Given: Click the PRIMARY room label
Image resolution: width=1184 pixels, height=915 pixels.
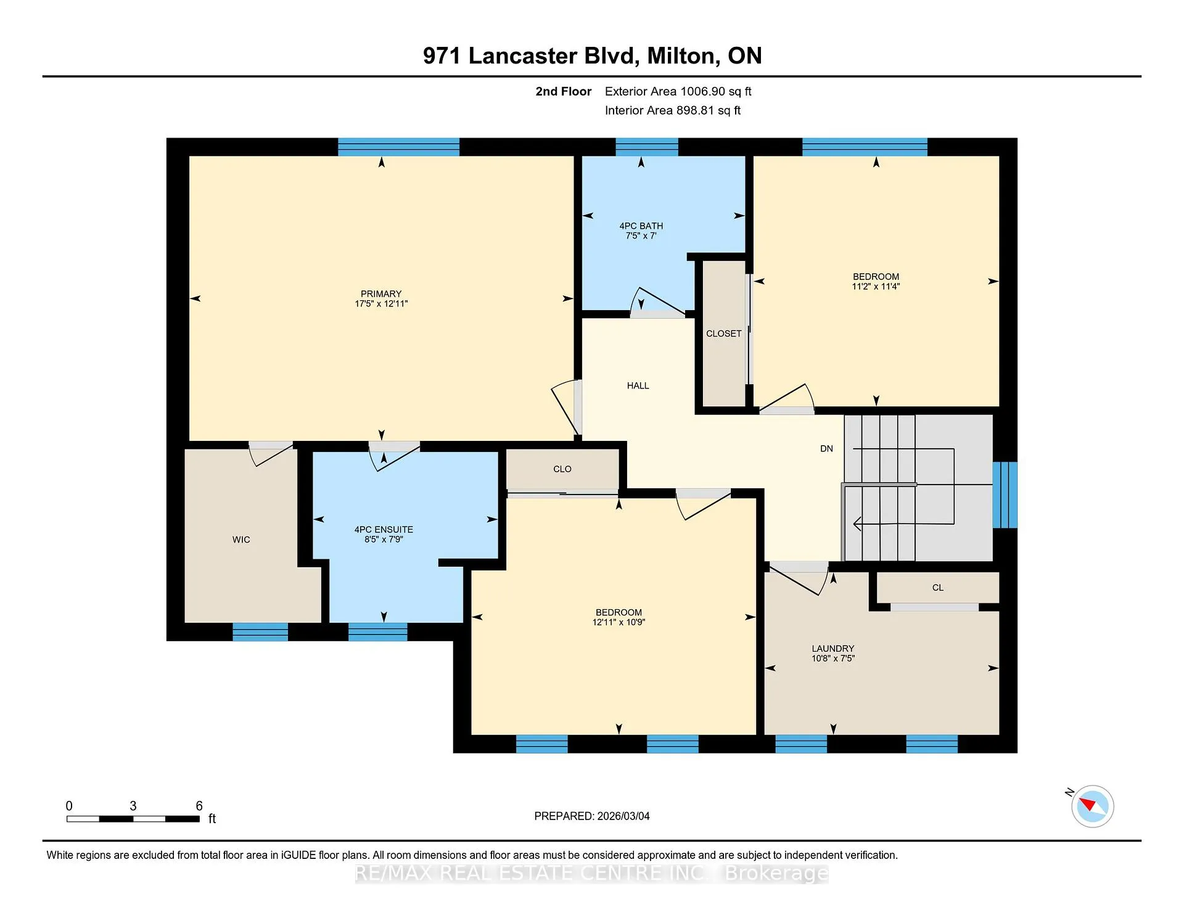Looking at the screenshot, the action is (x=381, y=294).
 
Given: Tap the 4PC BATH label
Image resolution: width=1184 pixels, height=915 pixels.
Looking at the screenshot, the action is (x=641, y=226).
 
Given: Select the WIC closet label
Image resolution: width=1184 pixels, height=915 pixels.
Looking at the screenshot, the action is (x=241, y=540).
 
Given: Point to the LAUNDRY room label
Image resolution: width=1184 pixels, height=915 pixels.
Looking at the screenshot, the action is (x=833, y=649).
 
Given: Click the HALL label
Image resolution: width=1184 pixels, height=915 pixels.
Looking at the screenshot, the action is (x=638, y=386).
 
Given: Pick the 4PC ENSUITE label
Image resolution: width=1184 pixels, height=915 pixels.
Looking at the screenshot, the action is (x=384, y=530).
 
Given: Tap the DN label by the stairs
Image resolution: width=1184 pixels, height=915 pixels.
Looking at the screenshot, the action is (x=827, y=449).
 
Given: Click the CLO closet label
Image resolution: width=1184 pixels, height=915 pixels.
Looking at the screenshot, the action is (x=562, y=469).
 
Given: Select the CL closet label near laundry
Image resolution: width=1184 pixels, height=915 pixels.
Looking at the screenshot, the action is (x=938, y=588).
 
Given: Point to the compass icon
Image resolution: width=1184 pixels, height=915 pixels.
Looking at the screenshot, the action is (x=1093, y=806).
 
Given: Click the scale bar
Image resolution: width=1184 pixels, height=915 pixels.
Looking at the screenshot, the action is (x=133, y=819).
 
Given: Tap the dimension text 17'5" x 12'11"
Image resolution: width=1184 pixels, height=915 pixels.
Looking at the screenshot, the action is (x=381, y=304).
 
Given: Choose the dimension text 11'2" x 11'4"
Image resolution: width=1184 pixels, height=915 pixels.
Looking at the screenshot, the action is (x=876, y=287).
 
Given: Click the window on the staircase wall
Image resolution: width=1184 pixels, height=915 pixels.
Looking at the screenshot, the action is (x=1005, y=495).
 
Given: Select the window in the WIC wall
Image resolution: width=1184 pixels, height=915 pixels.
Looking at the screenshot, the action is (x=260, y=632).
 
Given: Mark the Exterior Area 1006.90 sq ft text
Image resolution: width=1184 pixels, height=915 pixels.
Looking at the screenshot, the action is (x=678, y=92).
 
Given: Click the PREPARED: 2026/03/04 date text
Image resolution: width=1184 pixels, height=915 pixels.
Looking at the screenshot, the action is (x=592, y=816).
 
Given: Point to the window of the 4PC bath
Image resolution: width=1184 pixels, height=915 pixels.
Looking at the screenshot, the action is (x=647, y=147).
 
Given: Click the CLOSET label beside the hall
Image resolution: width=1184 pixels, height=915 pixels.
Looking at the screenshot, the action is (x=724, y=334).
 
